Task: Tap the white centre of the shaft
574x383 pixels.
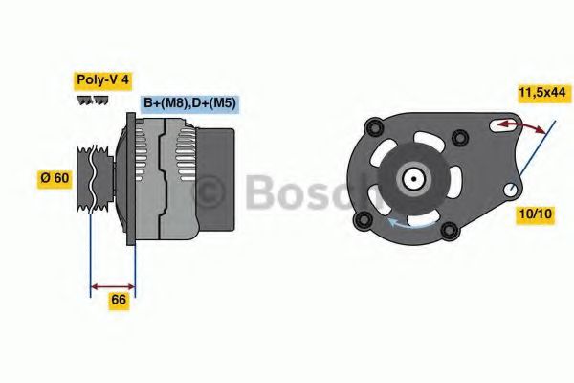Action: [x=413, y=177]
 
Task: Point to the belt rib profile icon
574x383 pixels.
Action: [x=92, y=101]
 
